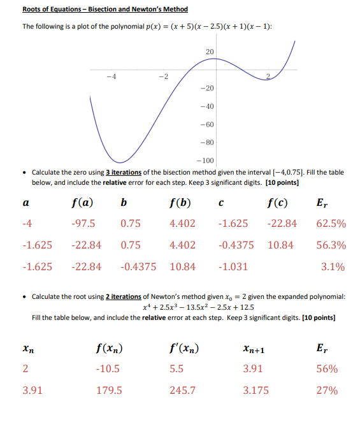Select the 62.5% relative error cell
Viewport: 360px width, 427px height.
tap(330, 224)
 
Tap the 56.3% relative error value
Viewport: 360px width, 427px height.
tap(330, 245)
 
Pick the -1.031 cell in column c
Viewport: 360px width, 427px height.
tap(233, 267)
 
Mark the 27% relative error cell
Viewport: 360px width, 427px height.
tap(328, 391)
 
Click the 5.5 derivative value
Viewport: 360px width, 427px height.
tap(177, 369)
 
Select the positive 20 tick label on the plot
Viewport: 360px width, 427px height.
tap(210, 50)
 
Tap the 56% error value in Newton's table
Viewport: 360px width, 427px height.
tap(328, 369)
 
